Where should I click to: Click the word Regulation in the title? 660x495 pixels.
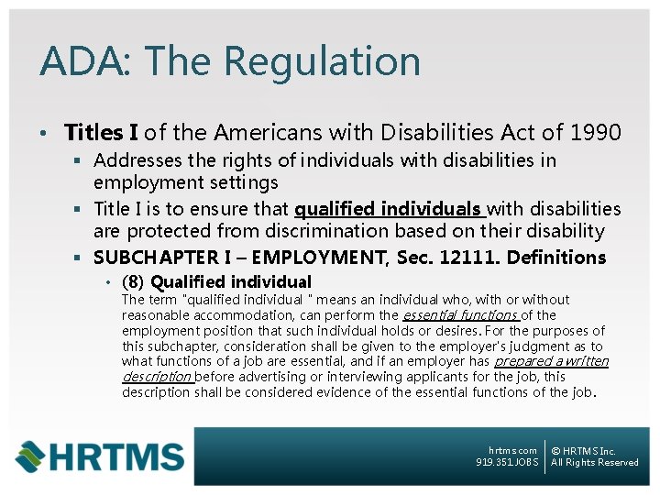[x=321, y=62]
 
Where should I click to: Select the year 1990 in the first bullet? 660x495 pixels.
[x=595, y=133]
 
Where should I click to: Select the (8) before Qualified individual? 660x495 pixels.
[x=134, y=282]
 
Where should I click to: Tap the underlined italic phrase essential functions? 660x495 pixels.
[x=460, y=314]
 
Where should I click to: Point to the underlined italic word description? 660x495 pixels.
[x=157, y=377]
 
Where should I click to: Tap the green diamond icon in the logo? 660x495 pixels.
[x=30, y=456]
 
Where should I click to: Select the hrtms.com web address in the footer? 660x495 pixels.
[x=513, y=450]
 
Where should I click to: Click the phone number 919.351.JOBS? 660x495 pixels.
[x=507, y=462]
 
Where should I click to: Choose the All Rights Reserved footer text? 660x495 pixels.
[x=595, y=462]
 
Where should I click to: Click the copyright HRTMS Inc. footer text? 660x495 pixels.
[x=584, y=450]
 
